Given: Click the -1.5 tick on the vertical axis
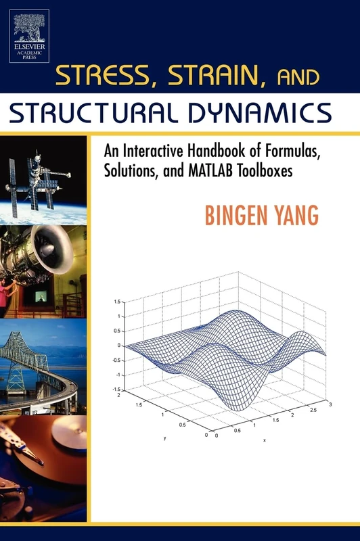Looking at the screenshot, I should [117, 390].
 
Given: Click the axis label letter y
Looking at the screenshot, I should [164, 438].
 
